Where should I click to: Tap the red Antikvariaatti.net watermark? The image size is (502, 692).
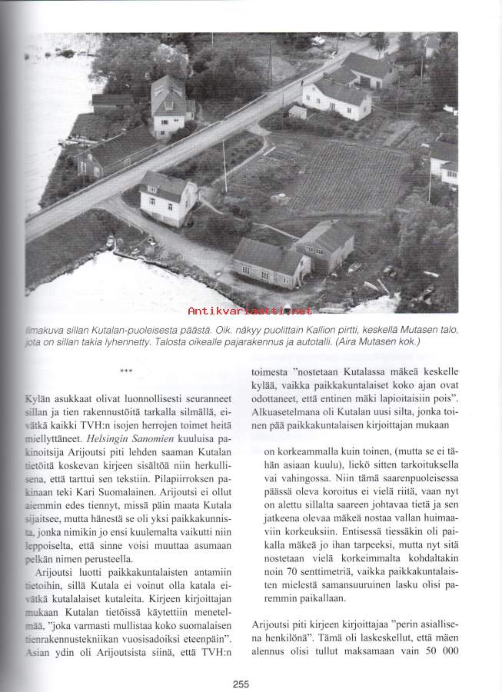251,311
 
